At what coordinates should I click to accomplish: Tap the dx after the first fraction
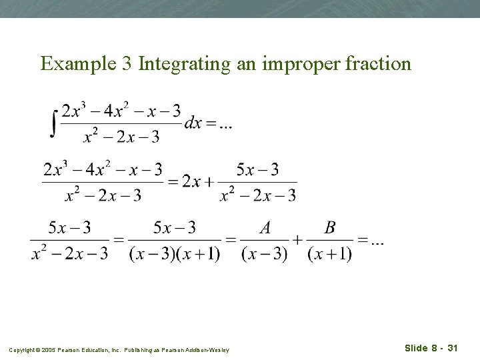pos(194,123)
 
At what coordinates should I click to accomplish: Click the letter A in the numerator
pos(265,228)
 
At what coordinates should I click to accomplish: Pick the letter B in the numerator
pos(329,228)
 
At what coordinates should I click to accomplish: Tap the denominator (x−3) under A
pos(265,255)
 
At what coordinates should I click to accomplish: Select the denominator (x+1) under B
pos(329,255)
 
